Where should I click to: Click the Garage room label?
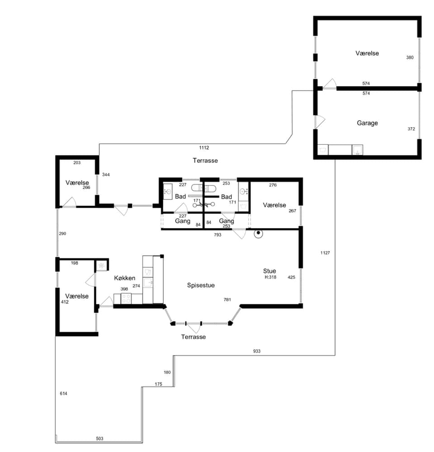(x=367, y=123)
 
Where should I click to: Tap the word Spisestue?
(x=201, y=285)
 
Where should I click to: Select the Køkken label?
(x=124, y=278)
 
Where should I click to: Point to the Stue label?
(x=269, y=271)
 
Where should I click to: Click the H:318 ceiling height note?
(x=270, y=277)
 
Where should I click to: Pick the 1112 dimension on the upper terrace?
(x=204, y=147)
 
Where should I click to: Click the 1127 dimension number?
(x=325, y=253)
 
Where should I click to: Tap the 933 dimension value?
(x=257, y=351)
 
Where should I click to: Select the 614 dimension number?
(x=63, y=394)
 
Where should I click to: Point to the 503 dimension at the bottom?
(x=99, y=438)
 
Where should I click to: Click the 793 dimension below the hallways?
(x=217, y=235)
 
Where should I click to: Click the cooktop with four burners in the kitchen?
(x=126, y=298)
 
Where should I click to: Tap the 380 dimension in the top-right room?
(x=410, y=57)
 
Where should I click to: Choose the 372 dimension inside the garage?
(x=411, y=129)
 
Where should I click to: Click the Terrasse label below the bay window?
(x=193, y=337)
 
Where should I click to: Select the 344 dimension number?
(x=106, y=175)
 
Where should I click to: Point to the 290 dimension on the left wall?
(x=62, y=233)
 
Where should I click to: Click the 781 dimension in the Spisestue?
(x=227, y=300)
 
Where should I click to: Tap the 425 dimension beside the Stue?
(x=292, y=277)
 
